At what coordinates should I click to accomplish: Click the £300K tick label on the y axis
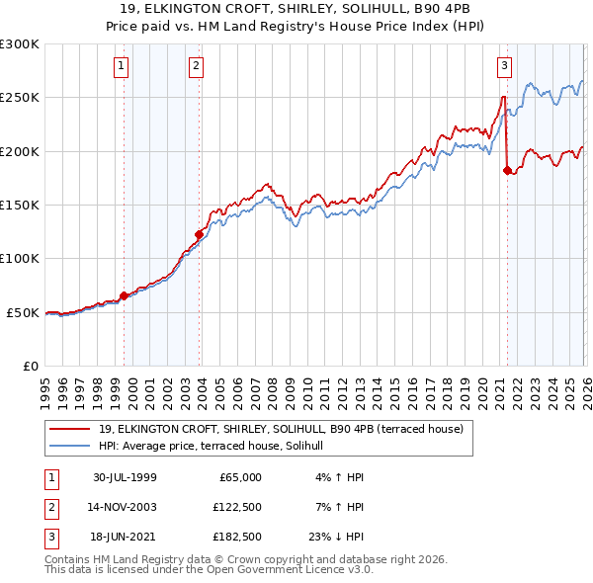click(20, 44)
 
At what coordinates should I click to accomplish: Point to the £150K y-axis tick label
click(20, 206)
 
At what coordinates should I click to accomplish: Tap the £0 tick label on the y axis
click(30, 366)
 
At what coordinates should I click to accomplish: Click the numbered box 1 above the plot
click(121, 66)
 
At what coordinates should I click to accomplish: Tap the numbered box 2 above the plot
click(197, 66)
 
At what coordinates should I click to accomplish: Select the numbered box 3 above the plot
click(504, 66)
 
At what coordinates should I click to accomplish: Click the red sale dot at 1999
click(124, 295)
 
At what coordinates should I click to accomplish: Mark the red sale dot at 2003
click(199, 234)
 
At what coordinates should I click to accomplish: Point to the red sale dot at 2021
click(507, 170)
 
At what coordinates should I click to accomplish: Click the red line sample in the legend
click(69, 429)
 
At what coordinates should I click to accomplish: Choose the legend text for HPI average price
click(218, 446)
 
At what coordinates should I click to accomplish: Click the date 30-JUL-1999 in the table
click(125, 476)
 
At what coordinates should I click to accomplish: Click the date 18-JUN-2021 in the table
click(125, 539)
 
